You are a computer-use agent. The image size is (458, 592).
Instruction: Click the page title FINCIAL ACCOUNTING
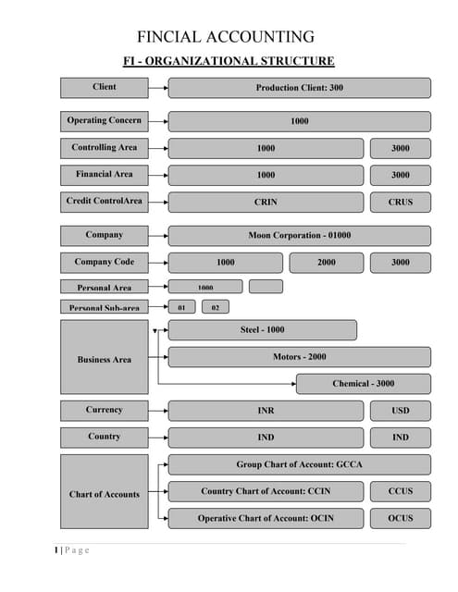[x=226, y=37]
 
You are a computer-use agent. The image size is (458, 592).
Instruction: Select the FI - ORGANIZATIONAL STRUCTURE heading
[x=229, y=62]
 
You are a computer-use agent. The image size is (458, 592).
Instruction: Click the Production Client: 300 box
[x=299, y=88]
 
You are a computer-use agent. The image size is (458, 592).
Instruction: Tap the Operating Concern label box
[x=105, y=121]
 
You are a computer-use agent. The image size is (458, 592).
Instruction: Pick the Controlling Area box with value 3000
[x=400, y=148]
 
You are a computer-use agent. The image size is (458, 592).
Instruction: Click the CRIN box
[x=266, y=202]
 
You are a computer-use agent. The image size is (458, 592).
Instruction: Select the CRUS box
[x=400, y=202]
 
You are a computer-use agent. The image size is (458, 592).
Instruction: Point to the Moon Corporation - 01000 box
[x=299, y=235]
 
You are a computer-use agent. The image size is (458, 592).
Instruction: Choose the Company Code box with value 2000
[x=326, y=263]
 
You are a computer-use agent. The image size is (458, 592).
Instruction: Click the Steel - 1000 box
[x=262, y=330]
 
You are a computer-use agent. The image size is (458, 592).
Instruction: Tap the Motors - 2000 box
[x=299, y=357]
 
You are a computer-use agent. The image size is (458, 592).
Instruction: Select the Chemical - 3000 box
[x=363, y=384]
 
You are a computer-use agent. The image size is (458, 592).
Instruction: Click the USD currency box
[x=400, y=411]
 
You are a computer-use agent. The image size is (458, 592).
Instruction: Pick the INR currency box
[x=266, y=411]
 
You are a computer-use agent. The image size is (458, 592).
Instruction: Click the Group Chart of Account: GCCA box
[x=299, y=464]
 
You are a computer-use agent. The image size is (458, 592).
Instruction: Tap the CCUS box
[x=400, y=491]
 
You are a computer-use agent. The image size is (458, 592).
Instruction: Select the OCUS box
[x=400, y=518]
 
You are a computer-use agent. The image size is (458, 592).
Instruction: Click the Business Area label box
[x=105, y=360]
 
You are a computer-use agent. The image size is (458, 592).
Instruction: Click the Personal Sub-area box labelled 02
[x=215, y=307]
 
